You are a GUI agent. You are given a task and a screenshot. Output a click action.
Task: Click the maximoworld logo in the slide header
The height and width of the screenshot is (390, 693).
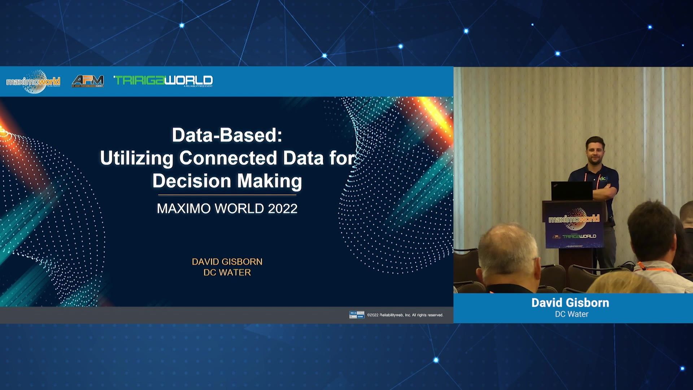tap(33, 82)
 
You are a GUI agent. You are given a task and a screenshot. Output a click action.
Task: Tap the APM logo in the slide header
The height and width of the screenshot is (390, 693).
tap(88, 81)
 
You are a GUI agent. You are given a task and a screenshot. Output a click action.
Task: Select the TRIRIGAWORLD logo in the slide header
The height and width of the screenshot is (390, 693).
tap(163, 81)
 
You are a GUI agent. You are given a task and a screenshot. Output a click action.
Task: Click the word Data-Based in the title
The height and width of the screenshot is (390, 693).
tap(227, 135)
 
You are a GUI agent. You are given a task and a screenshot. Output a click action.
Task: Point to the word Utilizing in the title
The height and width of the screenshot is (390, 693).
tap(136, 158)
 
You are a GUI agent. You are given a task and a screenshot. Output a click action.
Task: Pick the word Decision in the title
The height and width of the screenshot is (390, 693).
tap(191, 181)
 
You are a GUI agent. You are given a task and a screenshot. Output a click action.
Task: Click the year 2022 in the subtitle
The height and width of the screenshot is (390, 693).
tap(283, 209)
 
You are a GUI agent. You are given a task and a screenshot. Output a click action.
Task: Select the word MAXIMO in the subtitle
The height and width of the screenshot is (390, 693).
tap(184, 209)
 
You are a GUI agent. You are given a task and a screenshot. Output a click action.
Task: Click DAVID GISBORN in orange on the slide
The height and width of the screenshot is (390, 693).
tap(227, 262)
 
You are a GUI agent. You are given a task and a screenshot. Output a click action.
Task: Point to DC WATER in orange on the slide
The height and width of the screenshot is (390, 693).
tap(227, 273)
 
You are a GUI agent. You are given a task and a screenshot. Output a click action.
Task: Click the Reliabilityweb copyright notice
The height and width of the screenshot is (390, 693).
tap(405, 315)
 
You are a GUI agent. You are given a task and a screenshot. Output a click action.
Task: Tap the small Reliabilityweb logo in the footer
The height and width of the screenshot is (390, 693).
tap(357, 315)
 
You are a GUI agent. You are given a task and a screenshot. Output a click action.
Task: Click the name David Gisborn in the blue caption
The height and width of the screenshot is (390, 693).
tap(570, 303)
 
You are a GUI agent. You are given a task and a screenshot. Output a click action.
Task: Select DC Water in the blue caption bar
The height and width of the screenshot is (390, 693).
tap(571, 314)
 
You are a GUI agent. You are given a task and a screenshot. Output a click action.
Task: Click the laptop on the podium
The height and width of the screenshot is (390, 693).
tap(571, 191)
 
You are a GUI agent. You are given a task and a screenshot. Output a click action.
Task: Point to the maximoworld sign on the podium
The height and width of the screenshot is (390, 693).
tap(574, 219)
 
